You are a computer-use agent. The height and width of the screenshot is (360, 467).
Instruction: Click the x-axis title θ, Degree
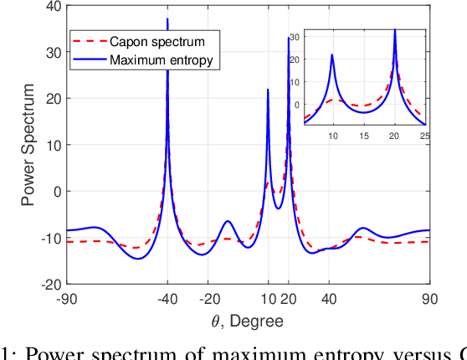click(247, 321)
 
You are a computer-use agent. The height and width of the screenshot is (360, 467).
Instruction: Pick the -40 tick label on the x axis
click(167, 299)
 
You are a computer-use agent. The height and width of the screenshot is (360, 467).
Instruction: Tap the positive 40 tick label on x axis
click(329, 299)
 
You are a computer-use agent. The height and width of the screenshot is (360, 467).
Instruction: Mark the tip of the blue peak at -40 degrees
click(167, 18)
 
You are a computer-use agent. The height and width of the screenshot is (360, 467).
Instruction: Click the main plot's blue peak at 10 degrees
click(268, 90)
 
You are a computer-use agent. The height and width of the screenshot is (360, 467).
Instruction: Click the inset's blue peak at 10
click(332, 55)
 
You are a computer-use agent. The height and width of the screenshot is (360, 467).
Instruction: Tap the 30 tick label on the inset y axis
click(295, 36)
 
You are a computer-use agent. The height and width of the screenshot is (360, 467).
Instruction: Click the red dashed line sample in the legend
click(90, 41)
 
